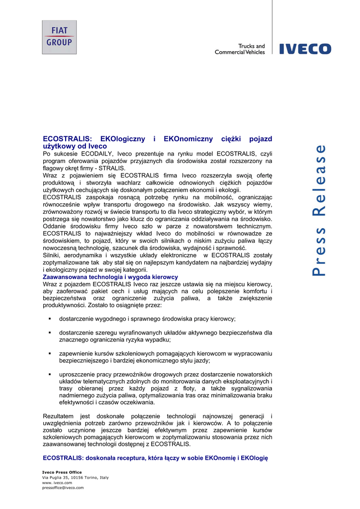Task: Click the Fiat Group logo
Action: pos(59,37)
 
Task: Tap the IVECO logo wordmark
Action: pos(305,49)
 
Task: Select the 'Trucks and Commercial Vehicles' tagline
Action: pos(240,49)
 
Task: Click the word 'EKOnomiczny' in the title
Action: pos(188,139)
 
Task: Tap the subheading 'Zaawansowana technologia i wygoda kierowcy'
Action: pos(110,277)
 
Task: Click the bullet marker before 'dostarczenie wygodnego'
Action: pos(50,319)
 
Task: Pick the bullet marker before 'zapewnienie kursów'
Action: pos(50,353)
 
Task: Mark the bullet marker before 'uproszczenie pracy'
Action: pos(50,374)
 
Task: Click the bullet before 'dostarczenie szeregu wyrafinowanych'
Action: pos(50,333)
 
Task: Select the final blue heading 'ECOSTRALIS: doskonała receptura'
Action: pos(155,458)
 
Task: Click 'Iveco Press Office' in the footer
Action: pos(62,472)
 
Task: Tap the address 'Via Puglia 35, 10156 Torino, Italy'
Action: pos(75,477)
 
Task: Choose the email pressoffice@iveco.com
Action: pos(63,488)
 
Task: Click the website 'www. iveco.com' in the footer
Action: pos(57,483)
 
